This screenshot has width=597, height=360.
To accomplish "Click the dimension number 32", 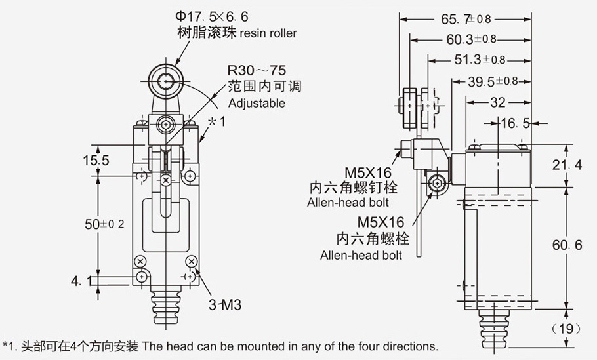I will pyautogui.click(x=498, y=102).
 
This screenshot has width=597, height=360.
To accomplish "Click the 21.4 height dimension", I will pyautogui.click(x=567, y=165).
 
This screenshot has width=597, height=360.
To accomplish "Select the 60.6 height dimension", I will pyautogui.click(x=567, y=245).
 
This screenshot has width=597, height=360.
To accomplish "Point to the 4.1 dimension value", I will pyautogui.click(x=81, y=281).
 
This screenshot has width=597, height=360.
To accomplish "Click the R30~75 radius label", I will pyautogui.click(x=257, y=70).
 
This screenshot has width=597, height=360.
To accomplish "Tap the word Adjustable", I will pyautogui.click(x=257, y=103).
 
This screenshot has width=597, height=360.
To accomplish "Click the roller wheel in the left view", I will pyautogui.click(x=161, y=81).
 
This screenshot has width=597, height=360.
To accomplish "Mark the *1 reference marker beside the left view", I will pyautogui.click(x=216, y=122).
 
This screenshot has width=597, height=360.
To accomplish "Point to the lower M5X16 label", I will pyautogui.click(x=381, y=222).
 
